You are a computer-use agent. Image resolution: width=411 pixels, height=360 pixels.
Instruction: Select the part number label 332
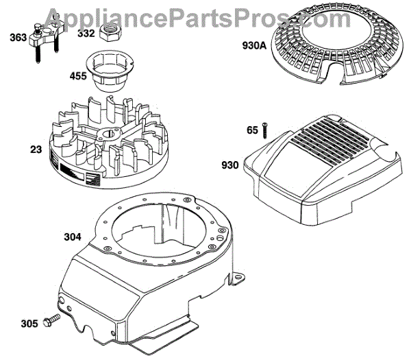[86, 32]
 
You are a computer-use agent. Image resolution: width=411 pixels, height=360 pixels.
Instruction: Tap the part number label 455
[78, 76]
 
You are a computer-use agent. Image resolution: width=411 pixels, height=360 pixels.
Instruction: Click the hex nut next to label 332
[110, 32]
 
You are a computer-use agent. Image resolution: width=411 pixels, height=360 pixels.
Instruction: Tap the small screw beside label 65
[264, 130]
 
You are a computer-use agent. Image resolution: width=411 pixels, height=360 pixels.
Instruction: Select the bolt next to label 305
[49, 320]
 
